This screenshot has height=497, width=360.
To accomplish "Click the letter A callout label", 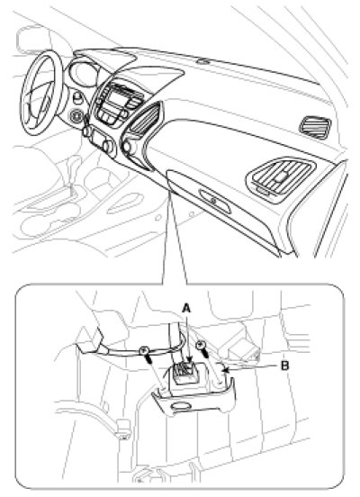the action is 186,308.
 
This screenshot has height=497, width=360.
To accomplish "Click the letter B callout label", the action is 285,366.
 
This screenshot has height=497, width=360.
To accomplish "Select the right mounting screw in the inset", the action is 202,348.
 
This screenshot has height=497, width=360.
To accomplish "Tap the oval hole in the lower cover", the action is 181,406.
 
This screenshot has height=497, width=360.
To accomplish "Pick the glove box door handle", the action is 215,201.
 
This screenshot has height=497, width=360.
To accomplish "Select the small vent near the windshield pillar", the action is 315,128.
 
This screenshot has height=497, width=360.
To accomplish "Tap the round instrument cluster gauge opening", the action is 82,73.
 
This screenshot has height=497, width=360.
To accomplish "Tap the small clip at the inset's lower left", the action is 122,429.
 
